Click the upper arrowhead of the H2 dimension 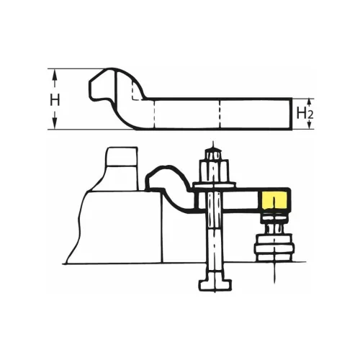(310, 102)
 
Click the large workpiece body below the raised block (115, 230)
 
